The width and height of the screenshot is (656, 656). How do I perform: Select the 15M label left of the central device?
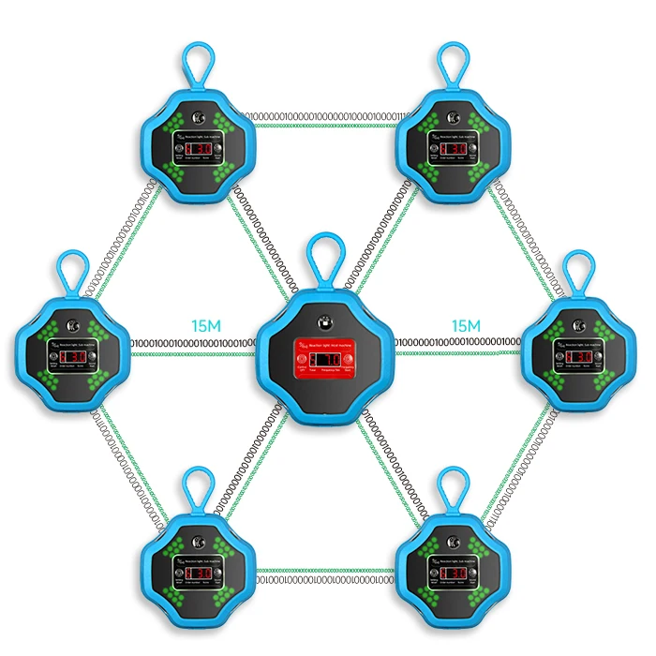[x=206, y=326]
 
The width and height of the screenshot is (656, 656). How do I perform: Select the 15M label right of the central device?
[x=465, y=326]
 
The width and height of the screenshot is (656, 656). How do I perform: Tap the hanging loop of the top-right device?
[x=454, y=64]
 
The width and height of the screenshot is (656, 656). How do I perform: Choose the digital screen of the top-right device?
[x=454, y=149]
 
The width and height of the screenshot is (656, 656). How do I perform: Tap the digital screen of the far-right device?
[x=574, y=357]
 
